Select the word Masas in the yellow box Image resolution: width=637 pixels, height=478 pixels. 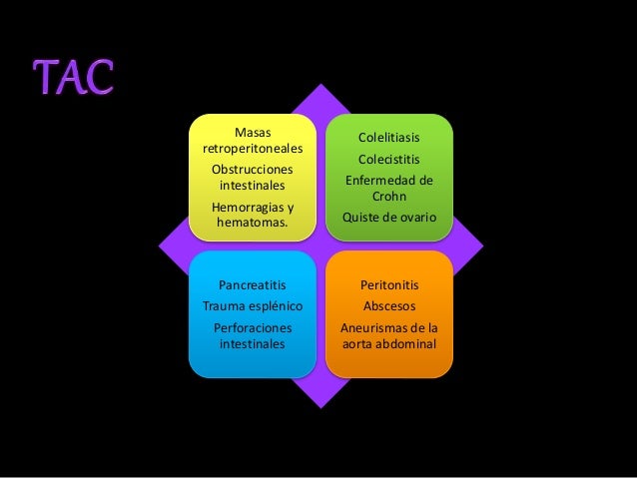(x=252, y=131)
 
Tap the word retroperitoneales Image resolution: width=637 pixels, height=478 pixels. (x=252, y=149)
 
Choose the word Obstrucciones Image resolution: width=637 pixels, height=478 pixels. (x=252, y=169)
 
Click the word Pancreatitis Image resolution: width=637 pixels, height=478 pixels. (x=252, y=285)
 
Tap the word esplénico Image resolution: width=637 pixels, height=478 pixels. (x=275, y=305)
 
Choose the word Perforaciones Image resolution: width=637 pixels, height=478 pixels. (x=252, y=327)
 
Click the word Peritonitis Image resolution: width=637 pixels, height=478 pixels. (x=389, y=285)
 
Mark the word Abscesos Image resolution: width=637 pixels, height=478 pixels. (x=389, y=305)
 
